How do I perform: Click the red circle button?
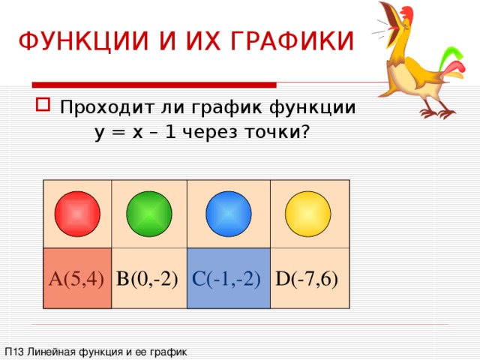coord(78,214)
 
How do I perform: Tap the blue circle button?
coord(229,214)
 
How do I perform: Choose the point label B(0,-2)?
coord(147,279)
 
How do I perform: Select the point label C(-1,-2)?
coord(226,279)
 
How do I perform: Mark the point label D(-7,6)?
coord(306,279)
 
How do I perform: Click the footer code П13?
coord(13,351)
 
